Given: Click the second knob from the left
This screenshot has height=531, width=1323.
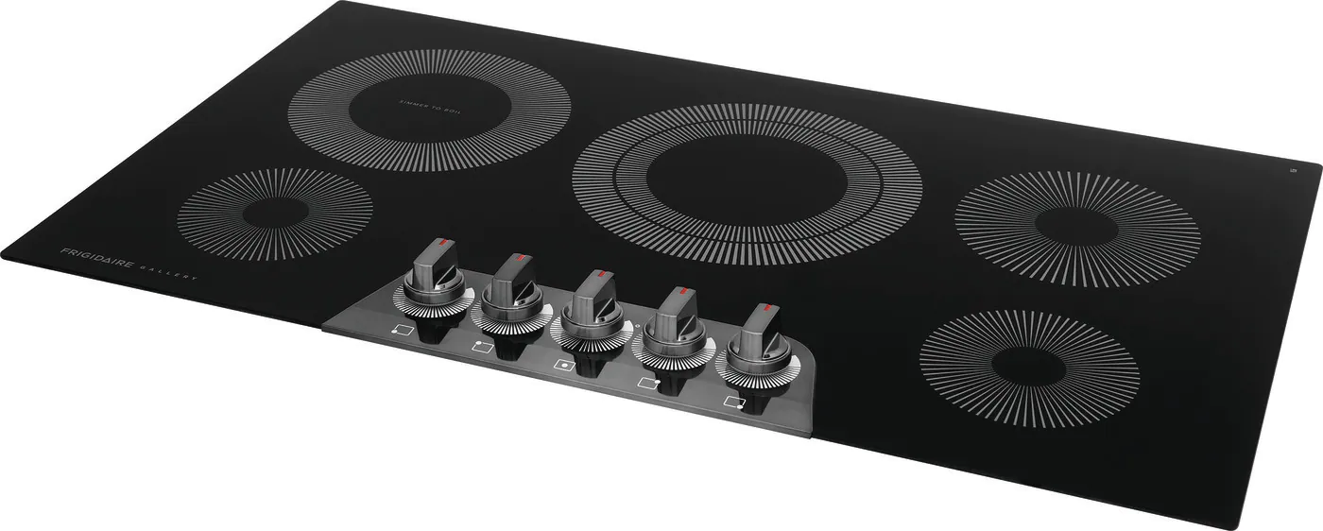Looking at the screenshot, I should (x=514, y=288).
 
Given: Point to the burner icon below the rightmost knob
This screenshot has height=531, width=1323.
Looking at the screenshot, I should (x=733, y=403).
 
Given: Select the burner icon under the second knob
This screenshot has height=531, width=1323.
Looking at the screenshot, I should (x=482, y=348).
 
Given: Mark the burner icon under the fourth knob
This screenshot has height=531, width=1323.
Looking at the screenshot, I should (x=648, y=384).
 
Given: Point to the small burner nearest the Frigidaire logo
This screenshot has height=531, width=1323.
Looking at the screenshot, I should (x=274, y=214).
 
